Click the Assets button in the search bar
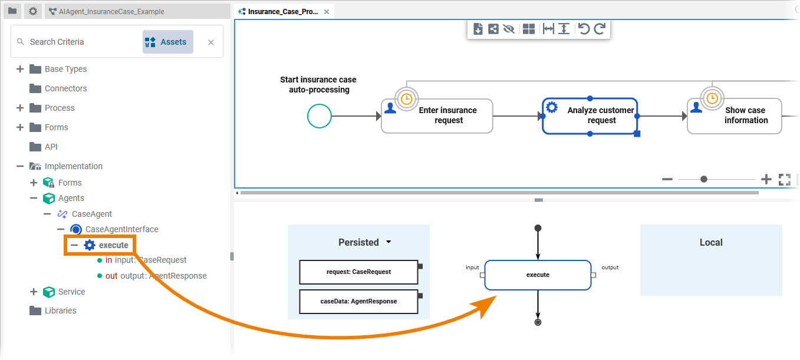coord(167,42)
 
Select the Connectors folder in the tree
coord(65,88)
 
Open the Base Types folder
coord(65,69)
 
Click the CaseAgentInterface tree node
coord(121,229)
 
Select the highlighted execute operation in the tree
coord(113,245)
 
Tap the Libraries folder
coord(60,311)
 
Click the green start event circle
coord(320,115)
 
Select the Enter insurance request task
coord(437,115)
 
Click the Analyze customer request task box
coord(590,115)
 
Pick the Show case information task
coord(735,115)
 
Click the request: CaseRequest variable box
coord(358,272)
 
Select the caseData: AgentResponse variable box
coord(358,301)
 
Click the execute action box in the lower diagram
coord(538,275)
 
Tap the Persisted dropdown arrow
coord(389,242)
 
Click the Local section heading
coord(710,242)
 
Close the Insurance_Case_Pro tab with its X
coord(327,12)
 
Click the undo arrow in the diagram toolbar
coord(584,29)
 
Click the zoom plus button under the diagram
coord(766,179)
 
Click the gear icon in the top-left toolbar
coord(33,11)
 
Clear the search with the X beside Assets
coord(211,42)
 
